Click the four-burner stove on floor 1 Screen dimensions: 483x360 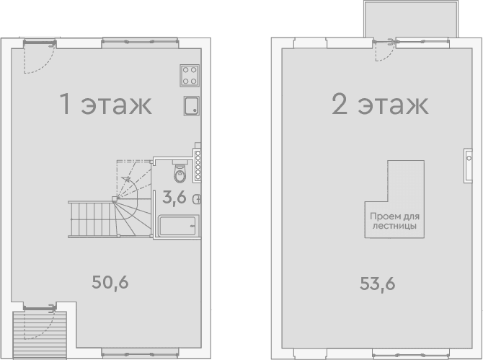(x=190, y=76)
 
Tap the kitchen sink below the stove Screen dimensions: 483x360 (x=192, y=106)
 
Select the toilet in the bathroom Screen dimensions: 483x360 (x=180, y=172)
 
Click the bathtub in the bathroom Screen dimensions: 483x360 (x=177, y=227)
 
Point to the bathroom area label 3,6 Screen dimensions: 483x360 (x=174, y=197)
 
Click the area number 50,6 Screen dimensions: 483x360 (x=110, y=282)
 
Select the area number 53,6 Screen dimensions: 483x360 (x=378, y=284)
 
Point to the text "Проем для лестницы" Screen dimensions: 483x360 (x=394, y=221)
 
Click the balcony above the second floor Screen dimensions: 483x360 (x=411, y=19)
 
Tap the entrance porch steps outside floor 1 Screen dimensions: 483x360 (x=40, y=335)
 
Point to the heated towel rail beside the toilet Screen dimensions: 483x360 (x=198, y=165)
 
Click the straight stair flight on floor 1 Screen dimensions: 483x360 (x=92, y=219)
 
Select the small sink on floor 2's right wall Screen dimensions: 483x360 (x=468, y=166)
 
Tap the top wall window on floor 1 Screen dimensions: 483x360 (x=140, y=42)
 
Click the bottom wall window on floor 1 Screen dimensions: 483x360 (x=140, y=354)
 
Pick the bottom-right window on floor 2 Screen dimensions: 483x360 (x=411, y=354)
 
